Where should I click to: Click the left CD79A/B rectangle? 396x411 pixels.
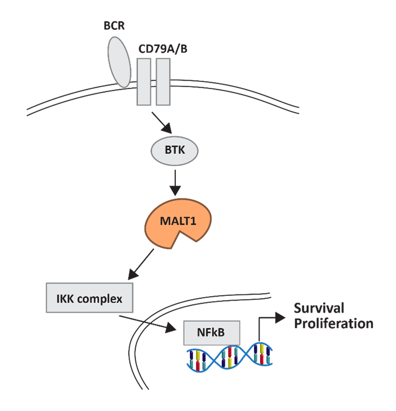[144, 81]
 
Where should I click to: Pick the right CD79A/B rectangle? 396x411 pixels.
[163, 81]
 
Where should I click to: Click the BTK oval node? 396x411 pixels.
[175, 151]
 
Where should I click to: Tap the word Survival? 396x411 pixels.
[319, 308]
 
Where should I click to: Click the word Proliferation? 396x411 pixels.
[334, 324]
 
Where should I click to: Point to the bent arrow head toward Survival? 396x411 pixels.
[280, 315]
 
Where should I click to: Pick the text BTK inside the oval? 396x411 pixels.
[175, 151]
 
